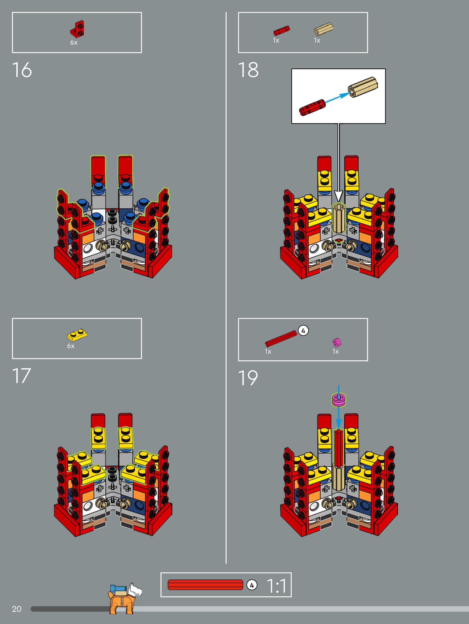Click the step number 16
coord(22,70)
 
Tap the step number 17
coord(21,376)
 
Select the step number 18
coord(248,70)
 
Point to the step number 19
coord(248,378)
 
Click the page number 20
coord(17,609)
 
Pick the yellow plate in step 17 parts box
coord(77,334)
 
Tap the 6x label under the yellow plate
coord(71,346)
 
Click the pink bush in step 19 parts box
coord(337,342)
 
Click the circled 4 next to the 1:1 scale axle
coord(252,585)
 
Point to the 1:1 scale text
coord(276,586)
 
